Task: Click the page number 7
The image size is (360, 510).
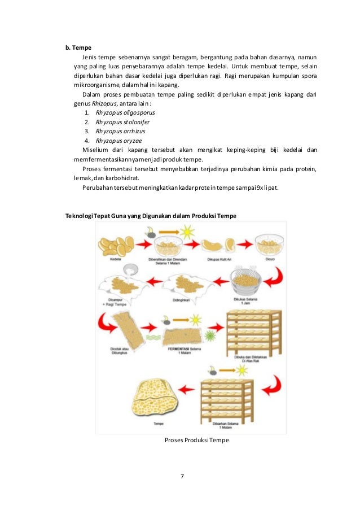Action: (x=182, y=476)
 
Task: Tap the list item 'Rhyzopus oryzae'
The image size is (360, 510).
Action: (x=119, y=141)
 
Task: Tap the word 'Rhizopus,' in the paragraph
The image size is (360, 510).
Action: (x=109, y=103)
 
